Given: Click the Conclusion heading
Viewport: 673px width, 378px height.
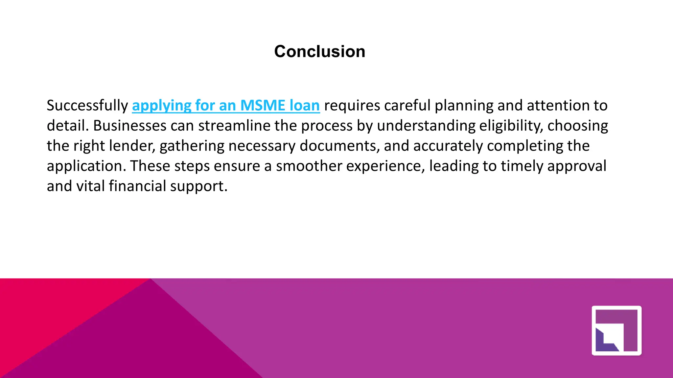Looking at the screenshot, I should [x=319, y=52].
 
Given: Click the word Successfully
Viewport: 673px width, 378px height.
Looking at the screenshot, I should [x=87, y=106].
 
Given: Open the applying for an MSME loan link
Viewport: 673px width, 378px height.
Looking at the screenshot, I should [x=226, y=106].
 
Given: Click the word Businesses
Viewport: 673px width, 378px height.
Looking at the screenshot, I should [x=130, y=126].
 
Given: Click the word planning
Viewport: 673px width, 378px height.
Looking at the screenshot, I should [x=464, y=106].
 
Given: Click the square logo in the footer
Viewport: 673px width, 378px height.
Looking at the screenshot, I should [x=616, y=330].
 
